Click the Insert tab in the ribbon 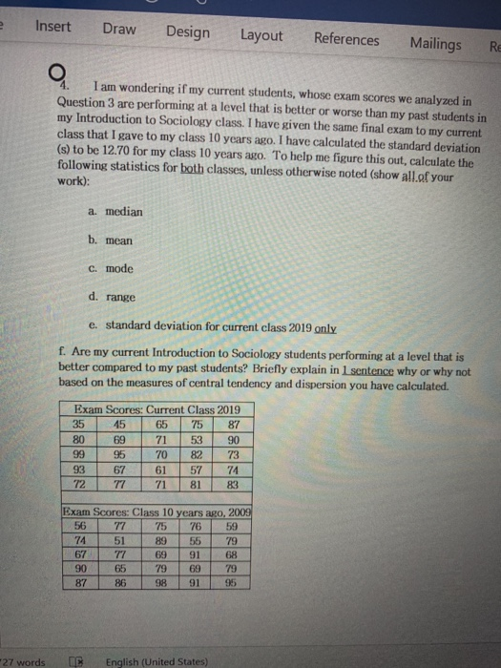pos(52,26)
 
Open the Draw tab pos(119,29)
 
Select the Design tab pos(188,31)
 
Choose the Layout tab pos(261,35)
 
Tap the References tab pos(346,39)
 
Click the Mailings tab pos(435,43)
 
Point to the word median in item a pos(124,212)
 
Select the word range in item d pos(122,298)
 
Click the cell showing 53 pos(197,440)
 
